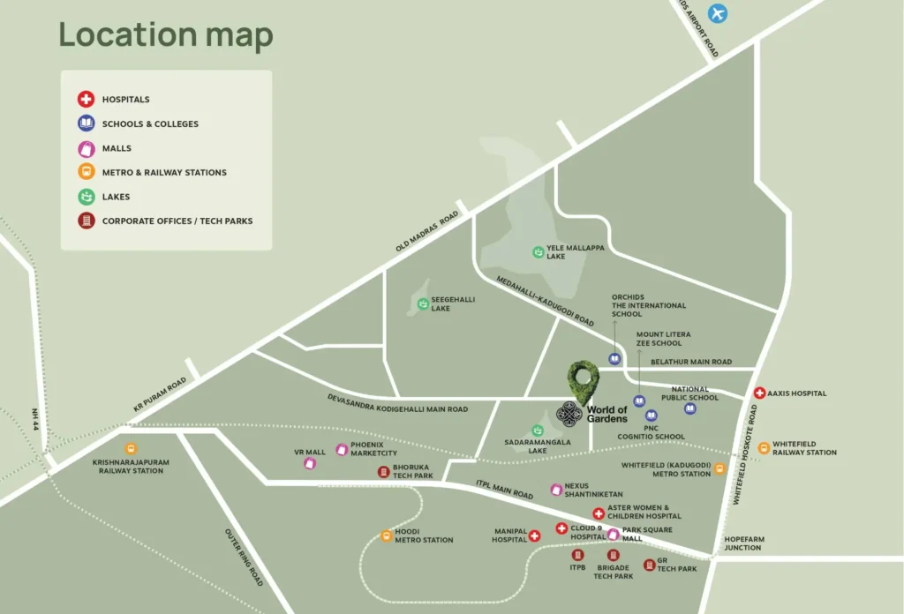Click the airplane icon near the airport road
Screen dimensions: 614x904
pyautogui.click(x=719, y=14)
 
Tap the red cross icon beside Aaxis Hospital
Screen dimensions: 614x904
pyautogui.click(x=759, y=393)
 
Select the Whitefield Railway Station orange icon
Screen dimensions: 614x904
pyautogui.click(x=764, y=448)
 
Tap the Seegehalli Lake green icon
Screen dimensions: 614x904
pyautogui.click(x=423, y=304)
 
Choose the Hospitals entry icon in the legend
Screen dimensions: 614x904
pyautogui.click(x=86, y=100)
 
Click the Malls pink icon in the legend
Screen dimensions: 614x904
pyautogui.click(x=86, y=148)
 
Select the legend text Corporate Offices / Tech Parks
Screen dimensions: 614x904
pyautogui.click(x=177, y=221)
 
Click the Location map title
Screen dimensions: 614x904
pyautogui.click(x=166, y=35)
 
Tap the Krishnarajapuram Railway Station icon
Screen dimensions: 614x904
pyautogui.click(x=131, y=449)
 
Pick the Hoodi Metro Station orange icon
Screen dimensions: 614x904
pyautogui.click(x=386, y=535)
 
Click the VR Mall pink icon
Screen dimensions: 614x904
pyautogui.click(x=310, y=463)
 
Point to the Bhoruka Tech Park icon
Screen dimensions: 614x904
pyautogui.click(x=383, y=472)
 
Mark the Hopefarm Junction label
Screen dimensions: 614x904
pyautogui.click(x=742, y=543)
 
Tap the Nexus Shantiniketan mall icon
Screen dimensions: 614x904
pyautogui.click(x=556, y=490)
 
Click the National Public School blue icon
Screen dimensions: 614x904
pyautogui.click(x=690, y=408)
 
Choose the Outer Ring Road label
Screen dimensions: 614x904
pyautogui.click(x=245, y=558)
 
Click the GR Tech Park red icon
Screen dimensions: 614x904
pyautogui.click(x=649, y=565)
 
